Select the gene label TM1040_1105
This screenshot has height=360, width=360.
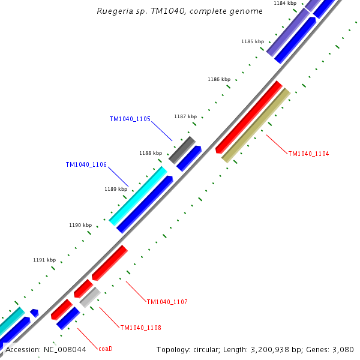130,119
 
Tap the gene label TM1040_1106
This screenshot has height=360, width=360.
86,164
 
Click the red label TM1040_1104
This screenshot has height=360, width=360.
308,154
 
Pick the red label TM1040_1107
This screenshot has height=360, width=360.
167,301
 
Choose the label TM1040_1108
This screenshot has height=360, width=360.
140,328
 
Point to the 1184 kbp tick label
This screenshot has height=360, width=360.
285,3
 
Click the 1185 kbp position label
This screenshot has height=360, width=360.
253,41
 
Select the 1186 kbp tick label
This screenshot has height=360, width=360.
219,79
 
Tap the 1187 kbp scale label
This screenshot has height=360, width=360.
185,116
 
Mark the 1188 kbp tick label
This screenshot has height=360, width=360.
151,153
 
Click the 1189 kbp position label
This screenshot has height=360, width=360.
116,189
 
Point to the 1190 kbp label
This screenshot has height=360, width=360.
80,225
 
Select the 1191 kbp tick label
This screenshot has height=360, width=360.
44,260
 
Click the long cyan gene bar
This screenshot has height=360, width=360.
138,196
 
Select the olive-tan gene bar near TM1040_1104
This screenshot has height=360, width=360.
256,125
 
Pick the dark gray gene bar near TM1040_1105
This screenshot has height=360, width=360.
182,150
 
